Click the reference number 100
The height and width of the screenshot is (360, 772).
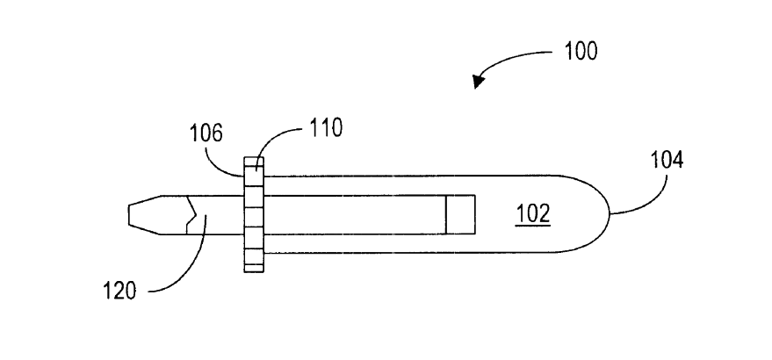pyautogui.click(x=581, y=51)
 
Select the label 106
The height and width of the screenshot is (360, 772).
pyautogui.click(x=206, y=133)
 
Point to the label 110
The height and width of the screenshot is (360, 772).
pyautogui.click(x=326, y=127)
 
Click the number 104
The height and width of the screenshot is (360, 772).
pyautogui.click(x=667, y=160)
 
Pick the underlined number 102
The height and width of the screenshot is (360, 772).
pyautogui.click(x=533, y=214)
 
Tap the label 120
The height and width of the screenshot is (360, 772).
pyautogui.click(x=119, y=291)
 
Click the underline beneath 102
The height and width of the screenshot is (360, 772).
pyautogui.click(x=533, y=226)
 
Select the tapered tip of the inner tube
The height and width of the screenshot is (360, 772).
pyautogui.click(x=145, y=215)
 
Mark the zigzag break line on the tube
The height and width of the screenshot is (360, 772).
pyautogui.click(x=191, y=215)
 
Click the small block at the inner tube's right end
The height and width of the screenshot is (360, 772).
pyautogui.click(x=460, y=215)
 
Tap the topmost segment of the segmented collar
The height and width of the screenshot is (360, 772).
pyautogui.click(x=254, y=162)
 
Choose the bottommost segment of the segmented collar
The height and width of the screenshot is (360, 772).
pyautogui.click(x=254, y=269)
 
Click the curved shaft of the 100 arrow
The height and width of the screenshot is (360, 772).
pyautogui.click(x=512, y=59)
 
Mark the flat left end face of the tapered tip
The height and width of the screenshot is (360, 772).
pyautogui.click(x=128, y=215)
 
